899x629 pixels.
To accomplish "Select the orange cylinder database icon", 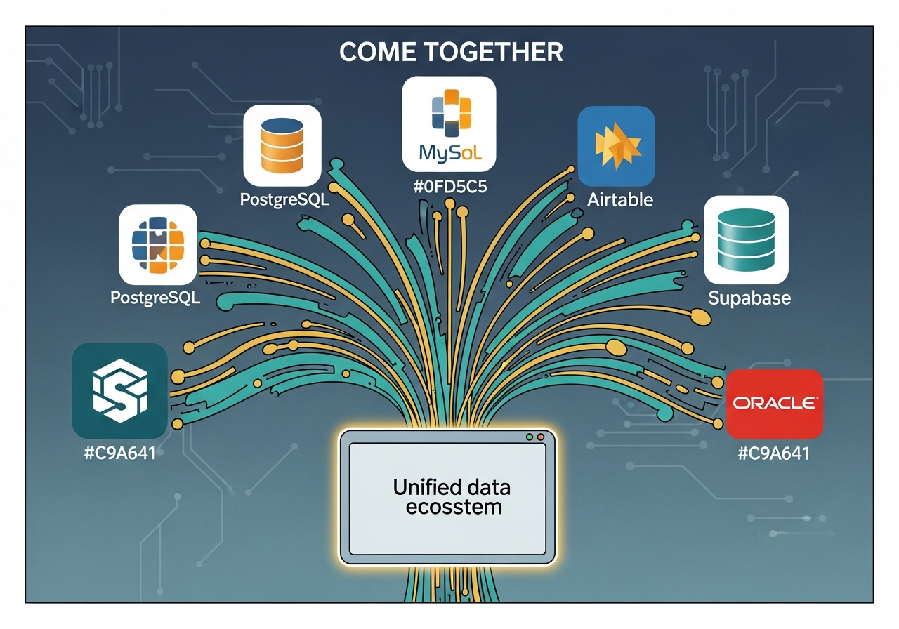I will (282, 145).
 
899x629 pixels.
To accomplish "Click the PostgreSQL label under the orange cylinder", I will (284, 199).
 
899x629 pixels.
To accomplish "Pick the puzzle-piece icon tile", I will (158, 244).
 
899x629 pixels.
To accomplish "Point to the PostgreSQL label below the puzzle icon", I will (155, 298).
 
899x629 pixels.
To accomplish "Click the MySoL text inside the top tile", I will (449, 152).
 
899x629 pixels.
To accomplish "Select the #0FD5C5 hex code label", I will (449, 187).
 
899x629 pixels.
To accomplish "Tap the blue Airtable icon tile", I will (616, 145).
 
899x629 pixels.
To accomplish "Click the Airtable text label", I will (620, 199).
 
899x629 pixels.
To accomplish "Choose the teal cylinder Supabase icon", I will (746, 239).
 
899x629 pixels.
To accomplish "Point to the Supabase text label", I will (749, 298).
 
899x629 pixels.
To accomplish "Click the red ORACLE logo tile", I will (774, 404).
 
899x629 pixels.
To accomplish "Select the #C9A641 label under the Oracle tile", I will (774, 453).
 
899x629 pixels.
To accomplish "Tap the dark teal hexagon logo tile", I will (119, 390).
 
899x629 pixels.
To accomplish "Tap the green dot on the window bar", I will (530, 437).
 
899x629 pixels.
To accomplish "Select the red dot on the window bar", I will (541, 437).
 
